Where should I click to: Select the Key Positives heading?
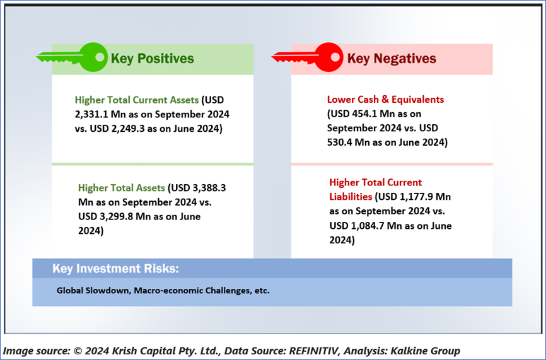(x=152, y=59)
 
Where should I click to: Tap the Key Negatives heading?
(x=392, y=59)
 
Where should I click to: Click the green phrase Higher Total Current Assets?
(x=137, y=100)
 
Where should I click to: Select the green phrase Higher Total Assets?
(x=122, y=188)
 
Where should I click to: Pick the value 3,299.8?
(x=116, y=216)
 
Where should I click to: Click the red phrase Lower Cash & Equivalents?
(x=385, y=100)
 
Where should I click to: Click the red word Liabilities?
(x=351, y=197)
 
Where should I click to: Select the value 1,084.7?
(x=368, y=226)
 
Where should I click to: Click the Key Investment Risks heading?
(x=115, y=269)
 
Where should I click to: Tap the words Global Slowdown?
(x=93, y=291)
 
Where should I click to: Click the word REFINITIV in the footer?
(x=314, y=351)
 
